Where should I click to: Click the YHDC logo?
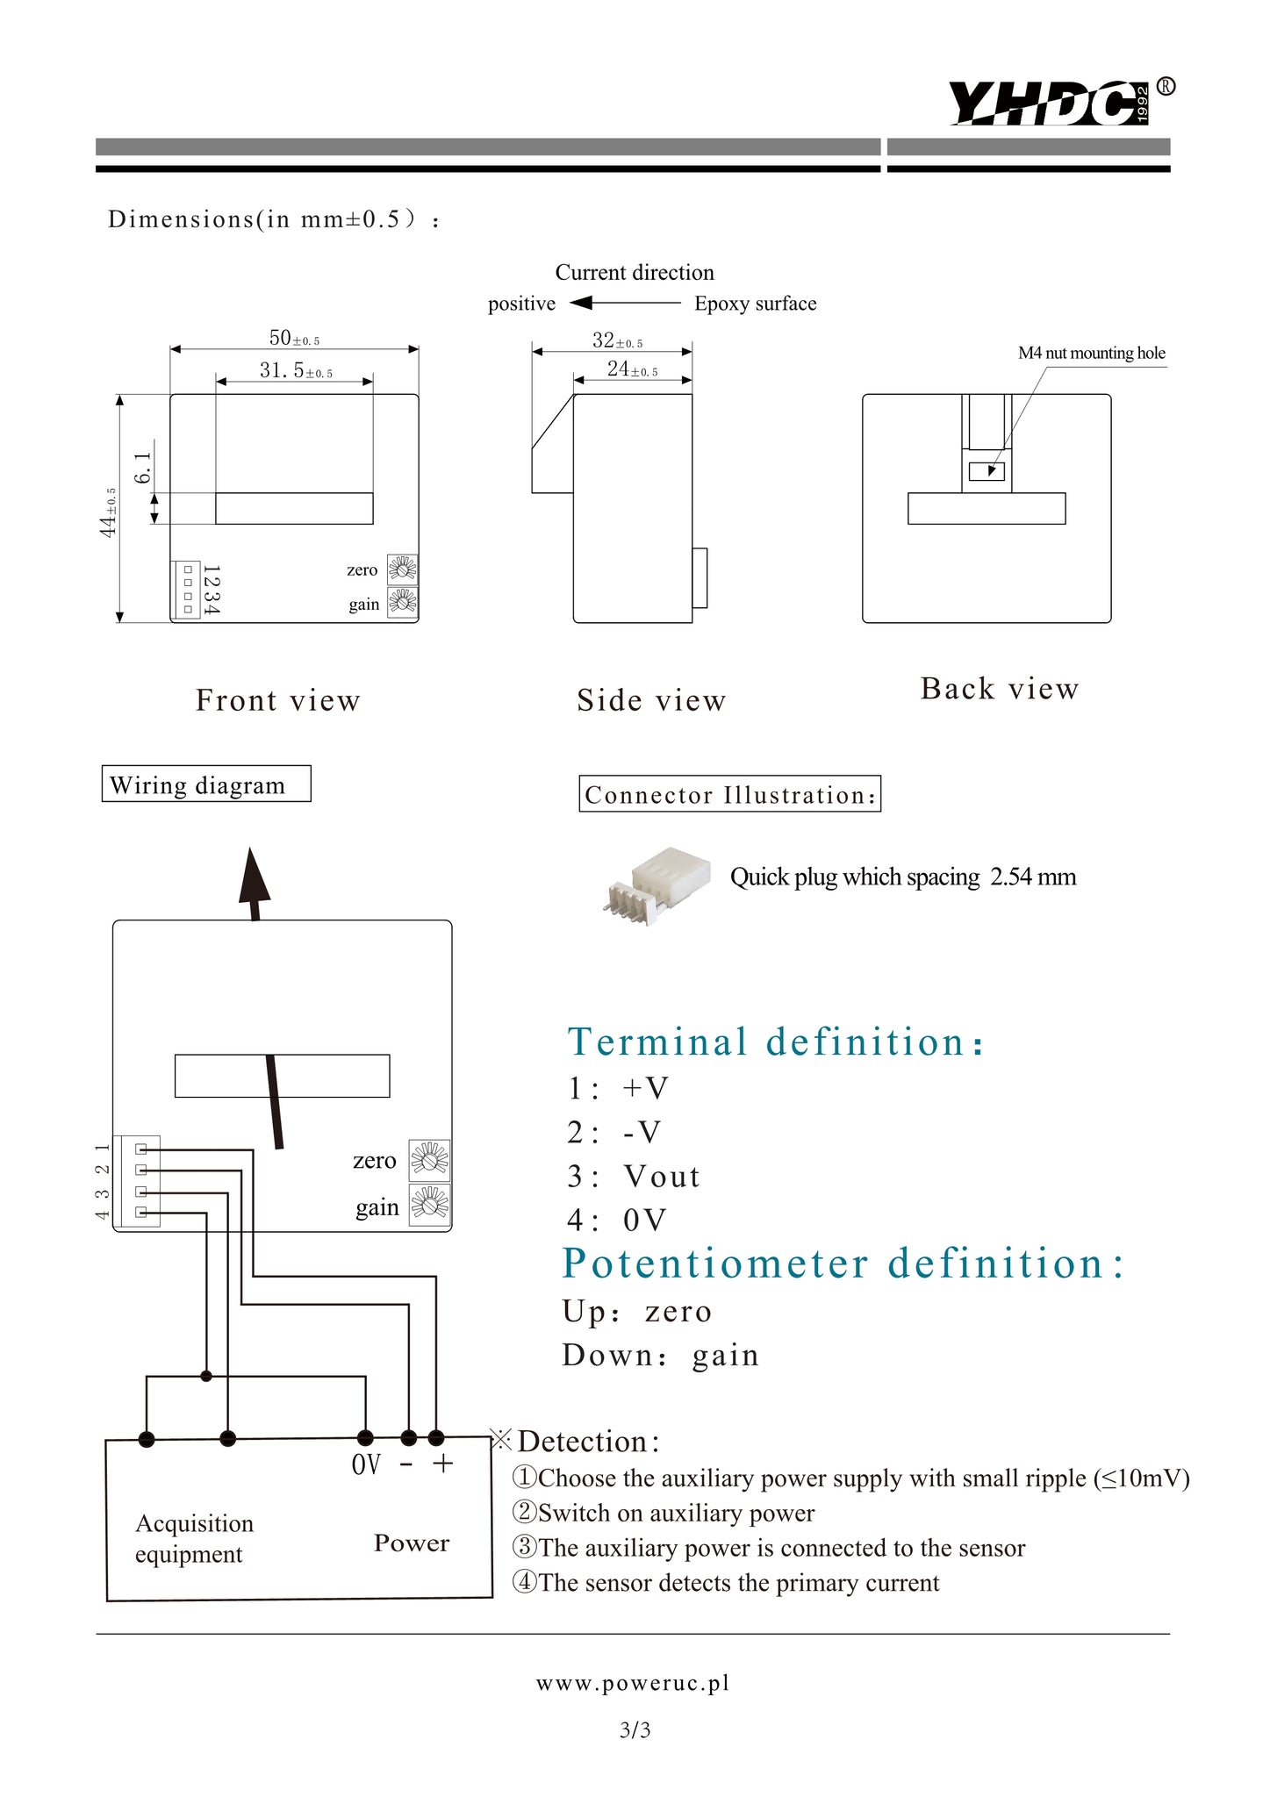click(1050, 103)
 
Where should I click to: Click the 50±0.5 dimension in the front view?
click(294, 338)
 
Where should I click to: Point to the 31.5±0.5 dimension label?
click(296, 371)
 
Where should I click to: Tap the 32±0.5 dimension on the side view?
click(617, 340)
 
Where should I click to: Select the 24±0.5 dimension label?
click(632, 369)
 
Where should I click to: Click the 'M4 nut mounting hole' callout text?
click(1091, 353)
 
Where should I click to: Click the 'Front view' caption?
click(277, 700)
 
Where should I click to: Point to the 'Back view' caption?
click(999, 689)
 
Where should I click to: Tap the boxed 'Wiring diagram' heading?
click(206, 784)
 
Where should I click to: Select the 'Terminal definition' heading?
click(776, 1042)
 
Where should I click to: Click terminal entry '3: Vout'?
click(633, 1177)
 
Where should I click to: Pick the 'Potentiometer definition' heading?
click(842, 1264)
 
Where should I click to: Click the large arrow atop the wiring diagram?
click(254, 882)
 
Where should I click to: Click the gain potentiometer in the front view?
click(403, 602)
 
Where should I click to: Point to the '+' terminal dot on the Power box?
click(436, 1438)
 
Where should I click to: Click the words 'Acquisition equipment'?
click(194, 1538)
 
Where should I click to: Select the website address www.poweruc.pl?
click(634, 1683)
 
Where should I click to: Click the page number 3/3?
click(635, 1730)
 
